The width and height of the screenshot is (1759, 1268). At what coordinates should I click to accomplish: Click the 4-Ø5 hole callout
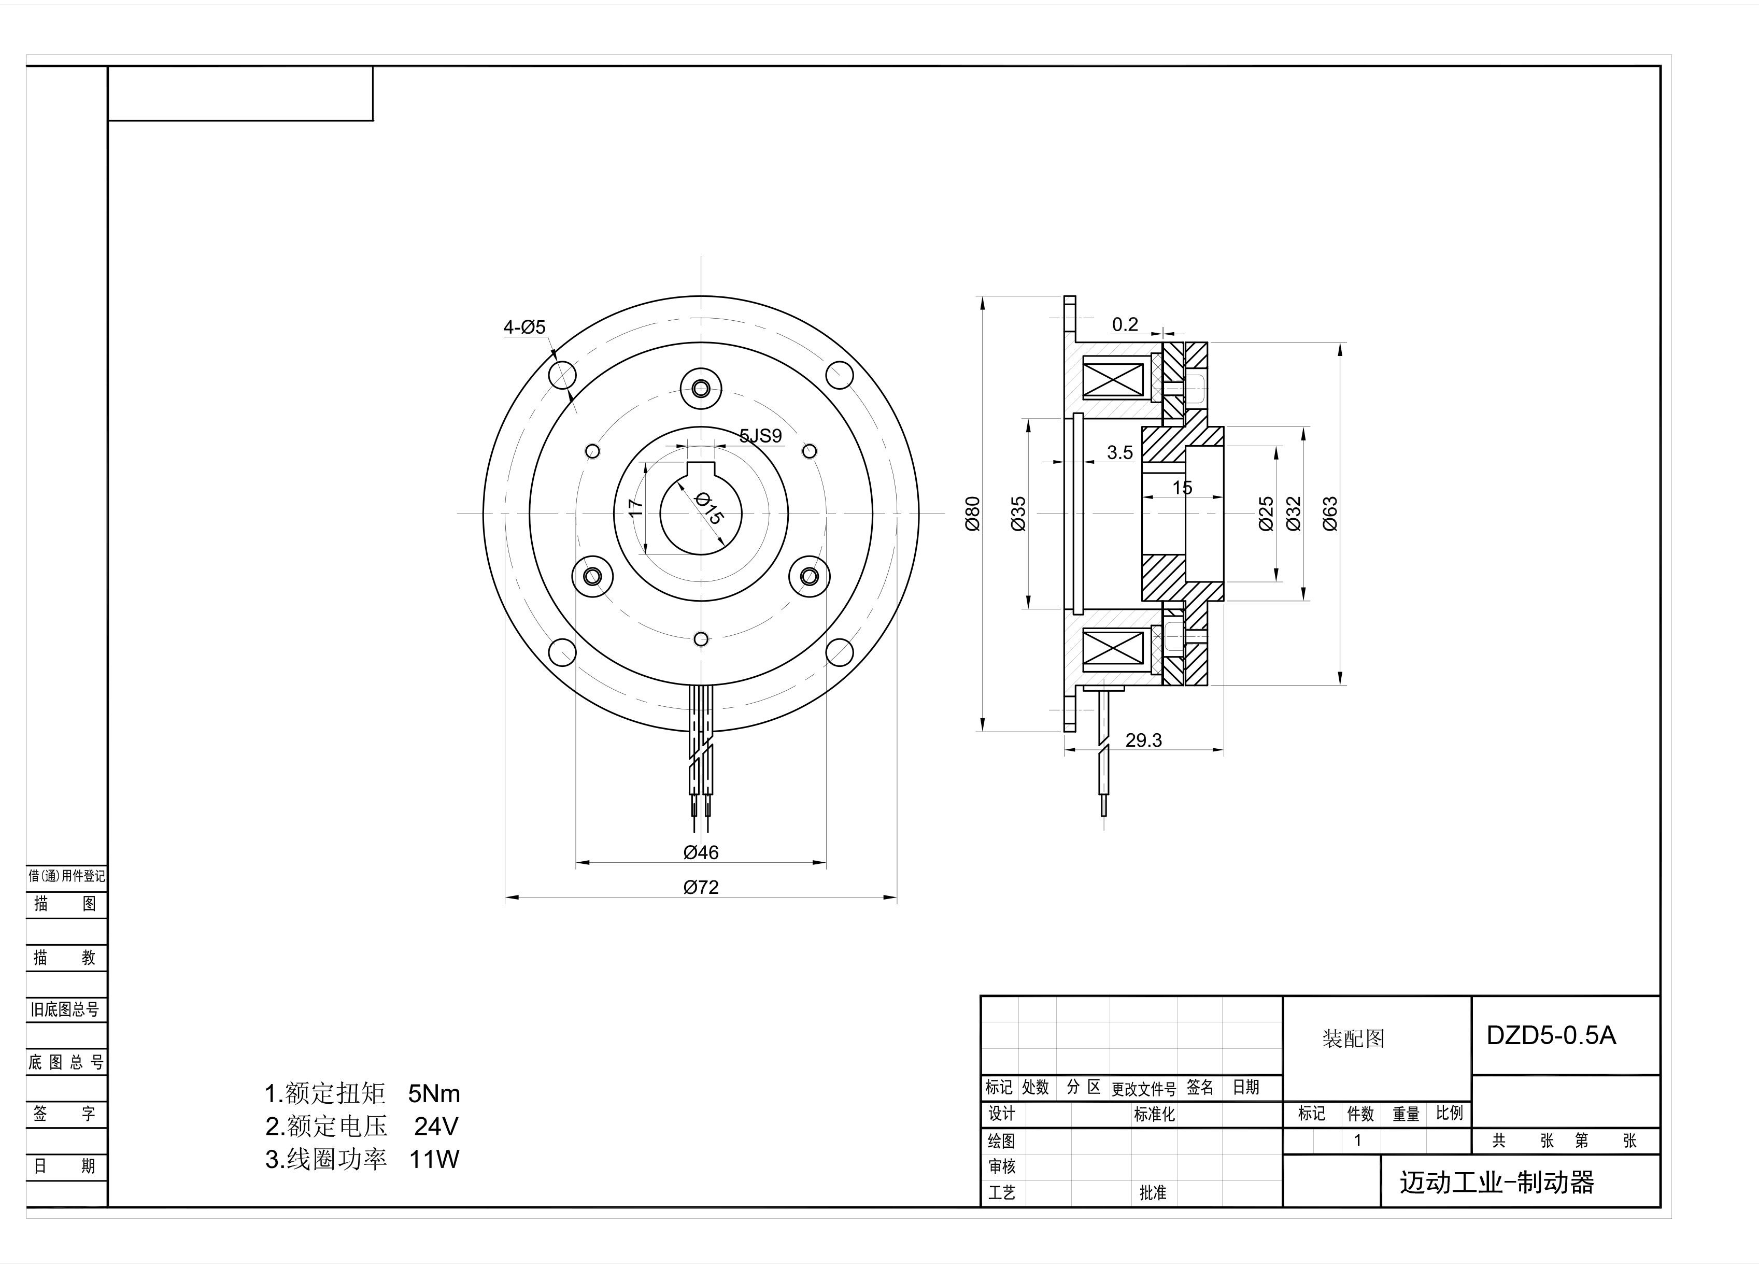pos(524,327)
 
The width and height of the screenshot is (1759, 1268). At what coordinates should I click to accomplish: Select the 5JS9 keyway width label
pos(760,436)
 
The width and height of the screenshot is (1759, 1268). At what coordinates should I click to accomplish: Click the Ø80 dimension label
pos(973,514)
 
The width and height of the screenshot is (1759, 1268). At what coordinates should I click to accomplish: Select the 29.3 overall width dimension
pos(1143,740)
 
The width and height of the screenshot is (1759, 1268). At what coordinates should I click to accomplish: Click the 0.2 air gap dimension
pos(1125,324)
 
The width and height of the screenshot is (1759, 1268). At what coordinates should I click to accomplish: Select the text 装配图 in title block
pos(1353,1038)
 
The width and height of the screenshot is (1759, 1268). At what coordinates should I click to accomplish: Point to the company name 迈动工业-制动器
pos(1497,1182)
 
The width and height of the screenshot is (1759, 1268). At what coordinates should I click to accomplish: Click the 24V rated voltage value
pos(436,1125)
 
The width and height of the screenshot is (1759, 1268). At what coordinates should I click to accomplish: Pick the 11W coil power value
pos(434,1159)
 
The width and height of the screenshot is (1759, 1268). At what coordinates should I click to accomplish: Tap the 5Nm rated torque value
pos(434,1093)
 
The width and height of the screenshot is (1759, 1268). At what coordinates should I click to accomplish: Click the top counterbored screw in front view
pos(701,388)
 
